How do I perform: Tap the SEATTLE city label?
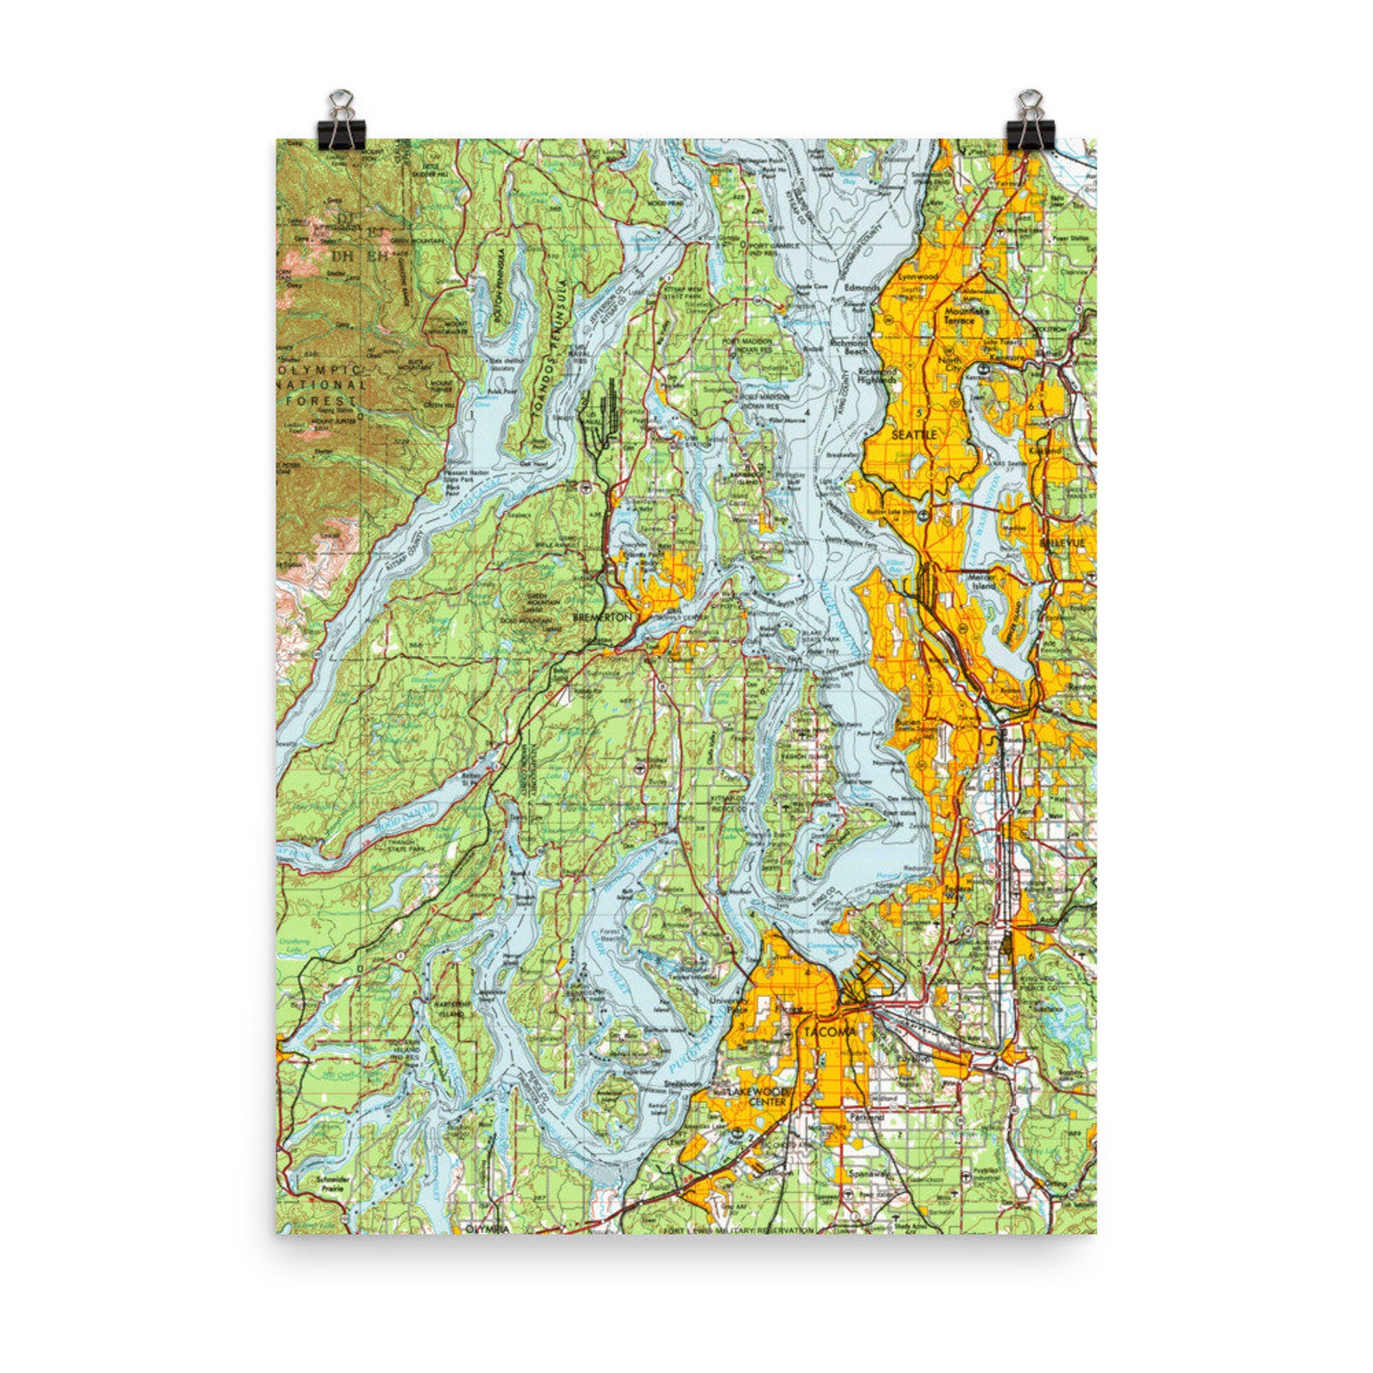click(914, 434)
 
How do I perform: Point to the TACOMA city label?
click(828, 1032)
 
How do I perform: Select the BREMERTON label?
click(603, 617)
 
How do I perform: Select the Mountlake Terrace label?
click(957, 315)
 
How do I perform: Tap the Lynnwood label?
click(918, 276)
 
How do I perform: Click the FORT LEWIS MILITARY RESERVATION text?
click(738, 1229)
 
